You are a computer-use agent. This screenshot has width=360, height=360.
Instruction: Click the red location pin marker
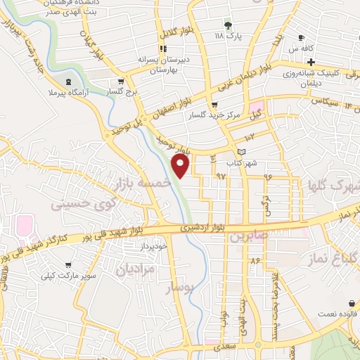pyautogui.click(x=181, y=166)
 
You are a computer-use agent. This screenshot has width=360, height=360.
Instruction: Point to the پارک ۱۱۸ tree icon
pyautogui.click(x=226, y=24)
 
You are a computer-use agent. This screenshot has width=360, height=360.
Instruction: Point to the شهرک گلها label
pyautogui.click(x=331, y=187)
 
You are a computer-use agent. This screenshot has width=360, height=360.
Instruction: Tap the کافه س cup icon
pyautogui.click(x=301, y=39)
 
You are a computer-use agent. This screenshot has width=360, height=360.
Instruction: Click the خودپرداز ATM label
pyautogui.click(x=153, y=246)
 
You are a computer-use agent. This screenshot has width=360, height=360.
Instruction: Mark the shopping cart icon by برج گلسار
pyautogui.click(x=122, y=81)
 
